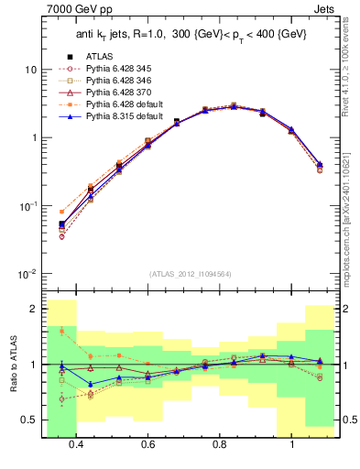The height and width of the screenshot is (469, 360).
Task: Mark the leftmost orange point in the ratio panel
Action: [61, 331]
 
